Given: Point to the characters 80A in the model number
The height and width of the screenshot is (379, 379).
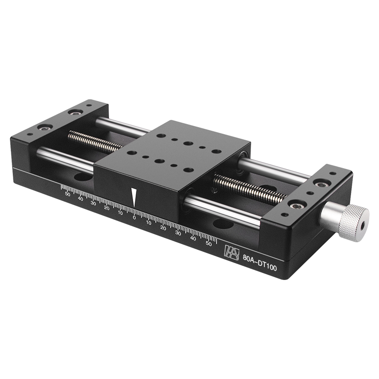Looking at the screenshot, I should (x=248, y=259).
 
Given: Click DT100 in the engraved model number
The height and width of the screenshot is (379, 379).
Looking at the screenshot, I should (x=268, y=266).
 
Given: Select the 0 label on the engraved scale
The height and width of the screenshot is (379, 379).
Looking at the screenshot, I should (x=134, y=218).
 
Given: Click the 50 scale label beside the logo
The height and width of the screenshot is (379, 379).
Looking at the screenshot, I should (x=208, y=244).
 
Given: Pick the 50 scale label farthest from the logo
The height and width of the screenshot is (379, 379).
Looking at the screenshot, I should (x=67, y=194).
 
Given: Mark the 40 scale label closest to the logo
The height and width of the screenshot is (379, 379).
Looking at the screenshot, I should (x=193, y=238).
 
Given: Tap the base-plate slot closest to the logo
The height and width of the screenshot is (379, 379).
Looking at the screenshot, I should (x=223, y=224).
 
